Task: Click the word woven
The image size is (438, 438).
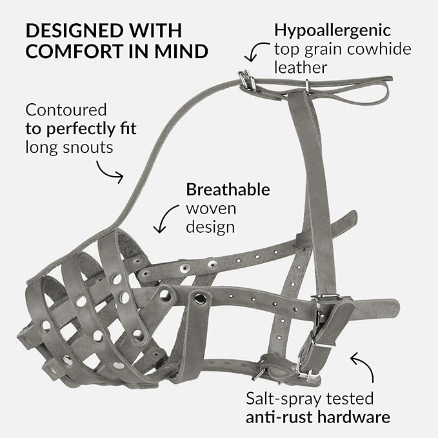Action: [x=210, y=209]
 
